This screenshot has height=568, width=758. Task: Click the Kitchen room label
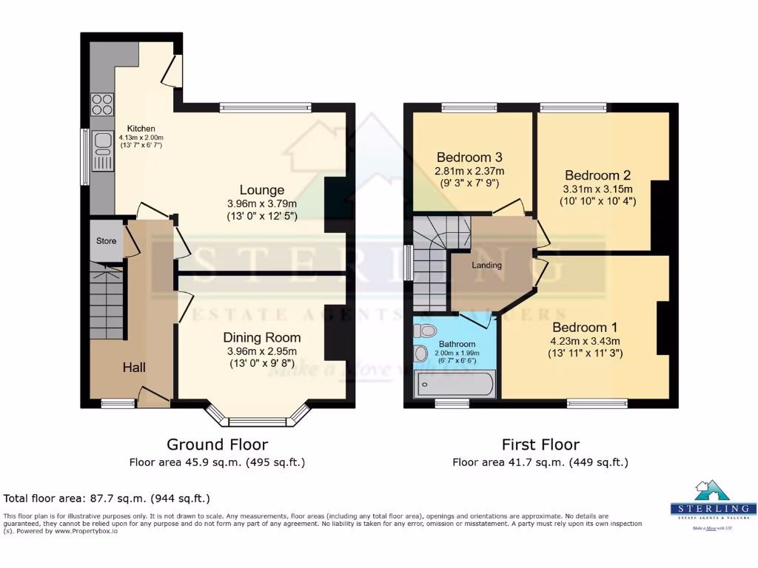click(x=140, y=129)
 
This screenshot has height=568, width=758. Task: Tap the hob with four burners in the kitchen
click(x=102, y=104)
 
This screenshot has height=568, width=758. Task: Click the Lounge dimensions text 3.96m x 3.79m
click(x=261, y=204)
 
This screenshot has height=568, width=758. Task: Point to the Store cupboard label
click(x=106, y=241)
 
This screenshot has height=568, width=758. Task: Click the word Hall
click(x=134, y=368)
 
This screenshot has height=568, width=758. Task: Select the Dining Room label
click(x=262, y=337)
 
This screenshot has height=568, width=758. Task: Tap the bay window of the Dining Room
click(x=257, y=420)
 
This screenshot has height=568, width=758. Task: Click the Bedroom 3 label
click(x=469, y=158)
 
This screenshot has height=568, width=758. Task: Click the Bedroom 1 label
click(x=584, y=328)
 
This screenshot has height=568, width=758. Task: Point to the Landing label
click(x=486, y=266)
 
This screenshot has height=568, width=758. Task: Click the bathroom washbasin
click(x=421, y=354)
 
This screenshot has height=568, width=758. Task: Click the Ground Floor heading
click(x=217, y=444)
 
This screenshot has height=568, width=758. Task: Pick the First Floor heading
click(x=540, y=444)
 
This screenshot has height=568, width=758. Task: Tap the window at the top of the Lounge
click(x=265, y=108)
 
